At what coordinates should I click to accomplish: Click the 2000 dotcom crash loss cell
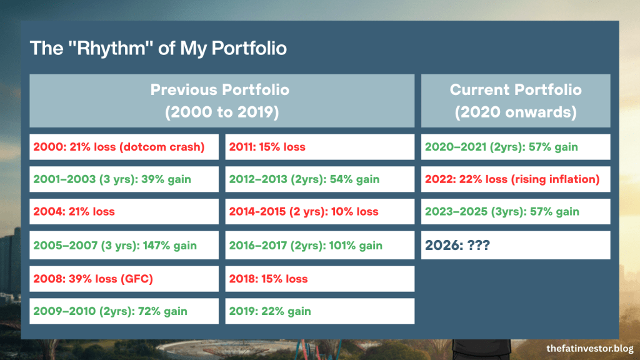(x=124, y=147)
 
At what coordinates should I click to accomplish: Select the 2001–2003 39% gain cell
(x=124, y=179)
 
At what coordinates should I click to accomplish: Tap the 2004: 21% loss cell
(x=124, y=212)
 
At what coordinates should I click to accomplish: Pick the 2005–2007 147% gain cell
(x=124, y=246)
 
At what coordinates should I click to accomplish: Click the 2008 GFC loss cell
(x=124, y=279)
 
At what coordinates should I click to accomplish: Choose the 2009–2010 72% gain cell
(x=124, y=311)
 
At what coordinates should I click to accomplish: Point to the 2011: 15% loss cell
(x=319, y=147)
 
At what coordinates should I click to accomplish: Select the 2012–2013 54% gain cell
(x=319, y=179)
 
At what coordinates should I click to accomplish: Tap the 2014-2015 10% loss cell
(x=319, y=212)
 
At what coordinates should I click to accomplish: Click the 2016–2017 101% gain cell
(x=319, y=246)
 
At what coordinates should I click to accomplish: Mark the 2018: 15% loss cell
(x=319, y=279)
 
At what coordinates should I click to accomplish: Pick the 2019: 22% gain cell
(x=319, y=311)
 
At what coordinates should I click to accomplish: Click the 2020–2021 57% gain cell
(x=515, y=147)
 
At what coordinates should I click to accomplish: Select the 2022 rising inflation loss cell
(x=515, y=179)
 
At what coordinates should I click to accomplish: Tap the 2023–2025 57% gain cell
(x=515, y=212)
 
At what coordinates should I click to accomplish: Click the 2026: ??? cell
(x=515, y=246)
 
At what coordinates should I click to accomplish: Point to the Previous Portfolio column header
(x=221, y=101)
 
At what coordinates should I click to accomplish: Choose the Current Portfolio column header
(x=515, y=101)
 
